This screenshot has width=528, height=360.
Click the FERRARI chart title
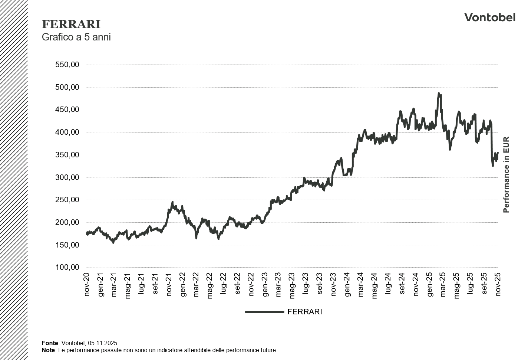pos(71,24)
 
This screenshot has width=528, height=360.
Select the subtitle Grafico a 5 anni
pos(76,37)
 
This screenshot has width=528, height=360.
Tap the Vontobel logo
pos(489,17)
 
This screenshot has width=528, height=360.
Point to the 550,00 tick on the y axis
pos(67,65)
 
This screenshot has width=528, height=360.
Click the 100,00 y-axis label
pos(67,267)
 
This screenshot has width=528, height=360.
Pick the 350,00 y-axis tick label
pos(67,155)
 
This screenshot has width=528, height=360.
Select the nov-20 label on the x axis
pos(87,285)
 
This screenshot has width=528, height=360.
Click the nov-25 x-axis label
pos(498,285)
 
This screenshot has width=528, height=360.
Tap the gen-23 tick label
pos(265,285)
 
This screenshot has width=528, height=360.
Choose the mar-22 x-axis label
pos(197,285)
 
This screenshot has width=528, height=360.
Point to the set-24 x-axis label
pos(402,285)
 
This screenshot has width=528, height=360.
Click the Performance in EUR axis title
pos(506,175)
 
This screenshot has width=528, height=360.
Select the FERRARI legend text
pos(304,312)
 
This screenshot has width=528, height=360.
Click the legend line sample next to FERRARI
pos(264,312)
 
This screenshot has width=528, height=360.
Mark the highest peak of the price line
pos(439,94)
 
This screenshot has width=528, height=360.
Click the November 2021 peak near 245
pos(172,202)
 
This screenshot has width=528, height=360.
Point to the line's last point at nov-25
pos(498,153)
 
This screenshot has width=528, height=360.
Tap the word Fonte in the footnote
pos(50,343)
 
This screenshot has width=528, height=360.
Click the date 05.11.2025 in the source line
pos(103,343)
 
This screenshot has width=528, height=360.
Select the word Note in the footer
pos(48,350)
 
